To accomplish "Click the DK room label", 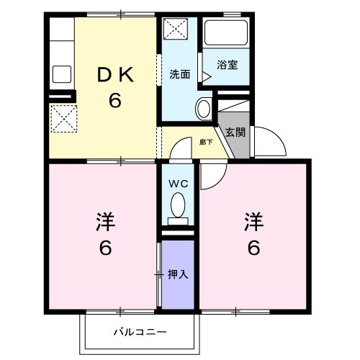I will pos(114,73).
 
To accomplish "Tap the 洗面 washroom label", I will pos(179,73).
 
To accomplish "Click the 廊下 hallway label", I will pos(206,142).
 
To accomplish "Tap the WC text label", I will pos(177,184).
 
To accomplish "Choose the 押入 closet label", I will pos(178,274).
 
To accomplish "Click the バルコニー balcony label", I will pos(140,333).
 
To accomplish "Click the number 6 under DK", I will pos(114,100).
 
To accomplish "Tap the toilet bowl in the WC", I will pos(177,207).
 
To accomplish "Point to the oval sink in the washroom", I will pos(204,109).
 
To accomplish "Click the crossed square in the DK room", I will pos(62,118).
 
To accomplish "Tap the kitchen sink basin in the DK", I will pos(60,74).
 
